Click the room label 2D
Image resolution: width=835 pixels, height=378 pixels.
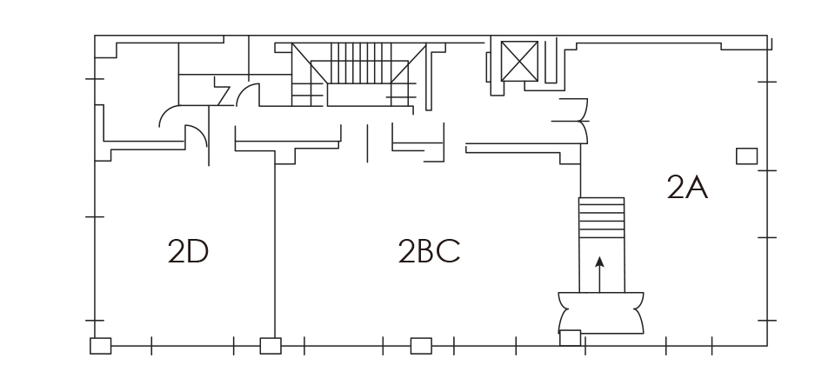coord(188,251)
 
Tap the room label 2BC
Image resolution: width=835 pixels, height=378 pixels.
coord(429,251)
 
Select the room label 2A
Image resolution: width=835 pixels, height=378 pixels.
coord(687,187)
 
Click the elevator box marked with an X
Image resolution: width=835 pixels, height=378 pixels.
coord(519,61)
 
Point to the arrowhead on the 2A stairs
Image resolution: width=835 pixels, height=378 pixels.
coord(599,262)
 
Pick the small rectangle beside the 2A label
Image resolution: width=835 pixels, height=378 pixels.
coord(746,156)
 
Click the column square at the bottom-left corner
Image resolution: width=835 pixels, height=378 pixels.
coord(101,346)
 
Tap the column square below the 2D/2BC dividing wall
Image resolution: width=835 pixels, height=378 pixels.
coord(271,346)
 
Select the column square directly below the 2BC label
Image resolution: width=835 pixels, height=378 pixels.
coord(421,346)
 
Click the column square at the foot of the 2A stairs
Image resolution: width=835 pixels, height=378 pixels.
coord(570,338)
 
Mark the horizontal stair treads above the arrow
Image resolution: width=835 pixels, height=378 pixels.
coord(602,218)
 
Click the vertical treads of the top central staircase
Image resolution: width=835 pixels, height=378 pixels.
coord(360,63)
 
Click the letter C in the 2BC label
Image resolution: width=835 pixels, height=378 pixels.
coord(450,251)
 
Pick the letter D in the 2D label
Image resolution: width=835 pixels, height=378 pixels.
coord(198,251)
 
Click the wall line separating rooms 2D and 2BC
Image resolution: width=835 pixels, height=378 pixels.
coord(275,251)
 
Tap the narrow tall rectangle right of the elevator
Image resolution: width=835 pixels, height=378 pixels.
coord(551,60)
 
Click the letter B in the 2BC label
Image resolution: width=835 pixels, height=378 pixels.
coord(426,251)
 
